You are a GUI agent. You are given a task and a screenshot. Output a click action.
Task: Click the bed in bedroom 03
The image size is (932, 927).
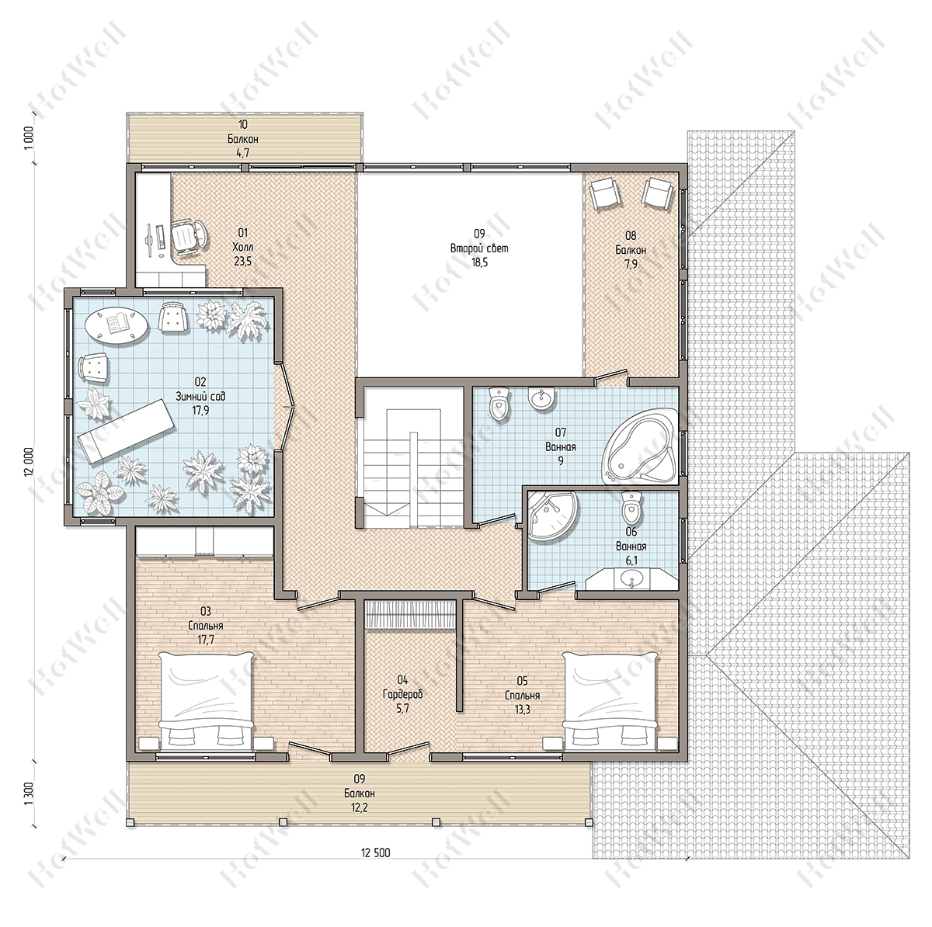[x=206, y=701]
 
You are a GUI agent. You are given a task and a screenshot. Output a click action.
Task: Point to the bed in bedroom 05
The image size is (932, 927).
[x=610, y=701]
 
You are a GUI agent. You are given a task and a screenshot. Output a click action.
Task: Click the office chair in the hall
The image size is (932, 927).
[x=190, y=236]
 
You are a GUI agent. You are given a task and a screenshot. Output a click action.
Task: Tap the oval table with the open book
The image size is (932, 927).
[x=116, y=324]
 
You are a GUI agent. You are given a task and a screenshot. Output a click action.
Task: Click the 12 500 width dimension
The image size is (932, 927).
[x=375, y=852]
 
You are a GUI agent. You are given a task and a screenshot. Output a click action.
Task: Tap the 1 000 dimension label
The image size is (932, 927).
[x=29, y=138]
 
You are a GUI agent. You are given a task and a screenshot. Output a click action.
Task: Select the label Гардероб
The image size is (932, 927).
[x=403, y=694]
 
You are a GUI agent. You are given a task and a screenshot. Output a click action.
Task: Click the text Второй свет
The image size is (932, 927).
[x=479, y=248]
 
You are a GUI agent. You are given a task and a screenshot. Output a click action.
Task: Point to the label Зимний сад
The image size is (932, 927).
[x=200, y=397]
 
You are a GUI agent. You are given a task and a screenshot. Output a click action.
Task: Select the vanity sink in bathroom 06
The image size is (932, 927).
[x=631, y=579]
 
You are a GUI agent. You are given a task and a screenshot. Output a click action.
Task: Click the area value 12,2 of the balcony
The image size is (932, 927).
[x=360, y=807]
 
